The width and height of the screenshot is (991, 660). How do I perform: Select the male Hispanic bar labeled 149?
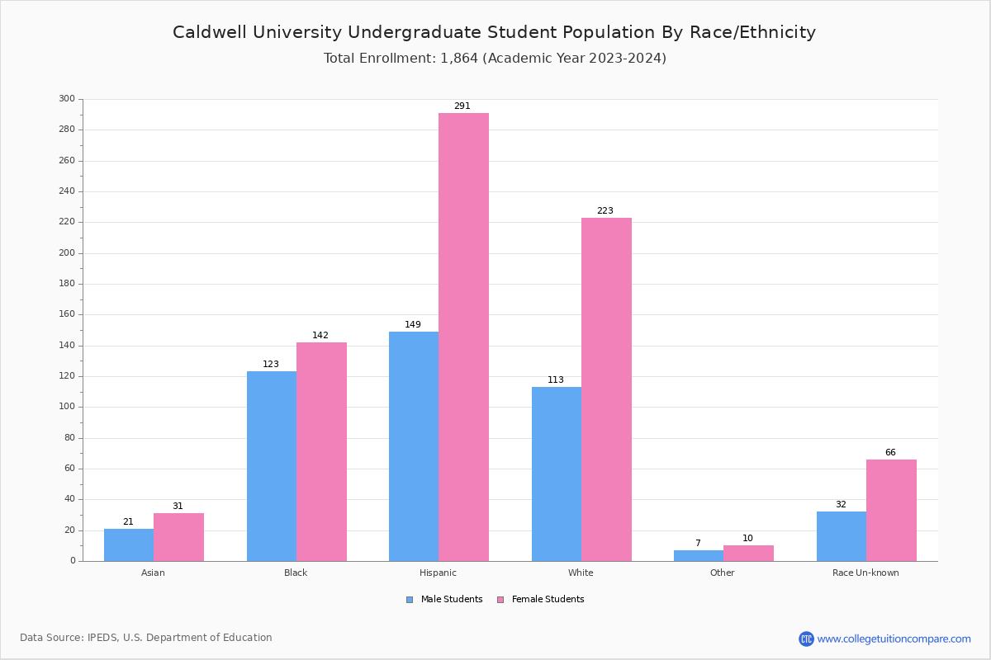414,446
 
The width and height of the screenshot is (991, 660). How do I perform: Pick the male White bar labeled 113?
557,474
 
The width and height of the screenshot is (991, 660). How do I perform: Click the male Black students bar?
272,466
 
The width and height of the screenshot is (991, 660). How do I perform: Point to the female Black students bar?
321,451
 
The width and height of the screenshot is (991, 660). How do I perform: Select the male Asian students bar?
129,544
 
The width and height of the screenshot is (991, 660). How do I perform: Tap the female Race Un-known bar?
891,510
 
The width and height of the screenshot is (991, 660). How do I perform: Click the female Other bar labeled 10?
748,553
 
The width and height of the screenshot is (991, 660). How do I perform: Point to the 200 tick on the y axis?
67,253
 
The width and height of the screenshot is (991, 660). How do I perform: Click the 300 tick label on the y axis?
67,99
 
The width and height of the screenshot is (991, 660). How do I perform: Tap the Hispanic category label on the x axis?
438,573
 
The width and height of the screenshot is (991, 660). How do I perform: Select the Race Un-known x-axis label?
865,573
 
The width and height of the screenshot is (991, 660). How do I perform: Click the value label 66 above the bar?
890,452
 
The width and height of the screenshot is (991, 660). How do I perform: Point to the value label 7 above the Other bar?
698,543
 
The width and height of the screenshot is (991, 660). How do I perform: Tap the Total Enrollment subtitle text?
495,59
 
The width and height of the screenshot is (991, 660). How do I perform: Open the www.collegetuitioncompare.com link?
894,639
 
